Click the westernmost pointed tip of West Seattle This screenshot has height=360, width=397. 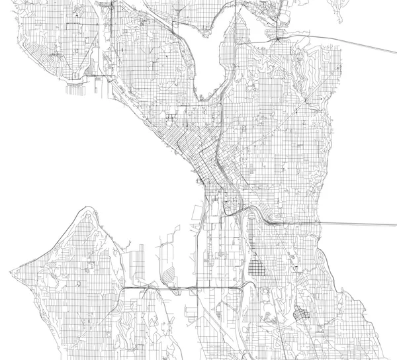tap(11, 270)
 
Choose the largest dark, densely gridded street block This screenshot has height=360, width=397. tap(257, 269)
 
